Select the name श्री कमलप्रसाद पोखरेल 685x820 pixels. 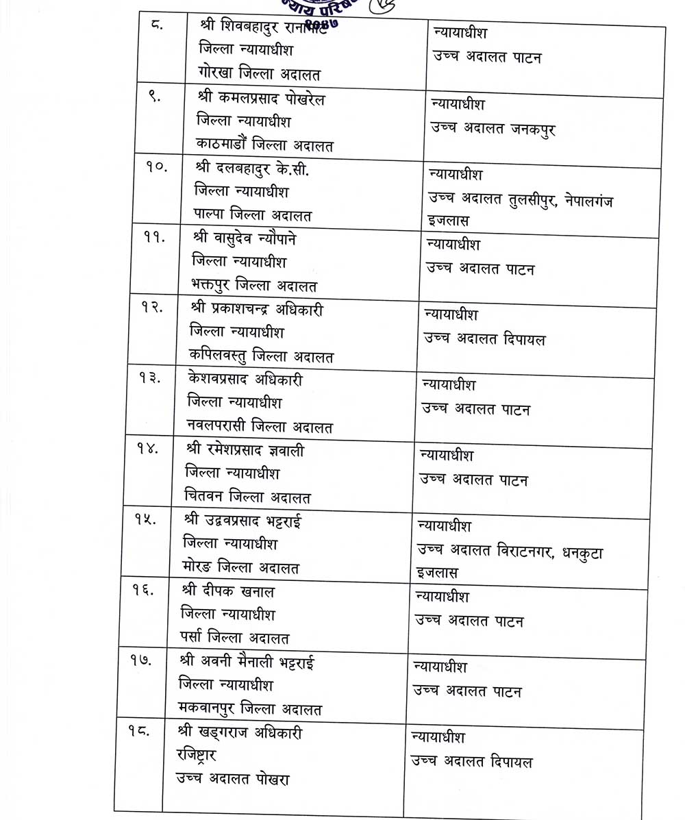tap(260, 99)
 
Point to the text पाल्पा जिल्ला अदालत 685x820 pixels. tap(253, 215)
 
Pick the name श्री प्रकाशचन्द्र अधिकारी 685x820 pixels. tap(257, 310)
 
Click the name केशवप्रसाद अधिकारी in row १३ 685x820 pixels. tap(244, 380)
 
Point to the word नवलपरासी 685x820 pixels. tap(219, 427)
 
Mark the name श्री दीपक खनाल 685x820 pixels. tap(228, 591)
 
